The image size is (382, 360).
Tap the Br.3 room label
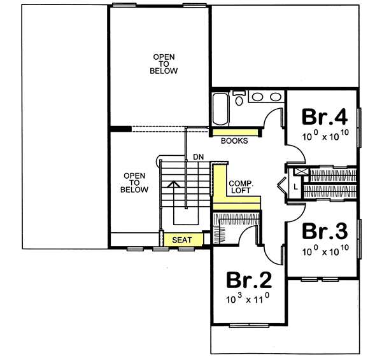[324, 230]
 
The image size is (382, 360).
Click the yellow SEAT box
[183, 240]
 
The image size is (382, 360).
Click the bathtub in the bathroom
[220, 109]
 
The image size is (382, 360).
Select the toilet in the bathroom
[239, 99]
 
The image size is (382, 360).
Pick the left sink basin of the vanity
[257, 97]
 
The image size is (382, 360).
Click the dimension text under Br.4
[324, 135]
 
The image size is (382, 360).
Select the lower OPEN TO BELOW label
[136, 183]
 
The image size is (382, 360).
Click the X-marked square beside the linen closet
[297, 172]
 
